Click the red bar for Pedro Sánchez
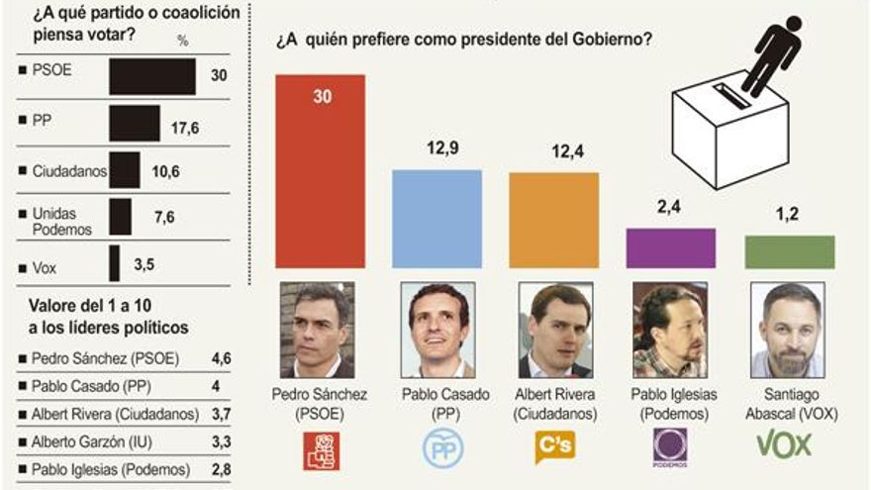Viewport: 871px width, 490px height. [320, 171]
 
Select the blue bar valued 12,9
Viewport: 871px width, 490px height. [436, 219]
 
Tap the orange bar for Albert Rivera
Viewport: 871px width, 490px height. [553, 220]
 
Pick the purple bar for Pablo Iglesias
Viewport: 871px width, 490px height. [671, 247]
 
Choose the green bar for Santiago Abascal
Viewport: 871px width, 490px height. [789, 251]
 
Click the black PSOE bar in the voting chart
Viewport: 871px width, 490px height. [151, 76]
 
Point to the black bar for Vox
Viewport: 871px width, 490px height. [115, 263]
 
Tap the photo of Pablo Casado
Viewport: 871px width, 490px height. [436, 330]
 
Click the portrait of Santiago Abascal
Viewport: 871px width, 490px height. [788, 330]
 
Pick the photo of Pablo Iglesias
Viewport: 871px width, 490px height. [670, 330]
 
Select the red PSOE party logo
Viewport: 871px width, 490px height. [321, 449]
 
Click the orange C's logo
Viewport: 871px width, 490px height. [553, 446]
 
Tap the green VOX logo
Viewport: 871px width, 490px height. [784, 444]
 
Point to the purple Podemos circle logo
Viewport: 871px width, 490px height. [670, 446]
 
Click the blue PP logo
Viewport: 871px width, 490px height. [442, 448]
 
